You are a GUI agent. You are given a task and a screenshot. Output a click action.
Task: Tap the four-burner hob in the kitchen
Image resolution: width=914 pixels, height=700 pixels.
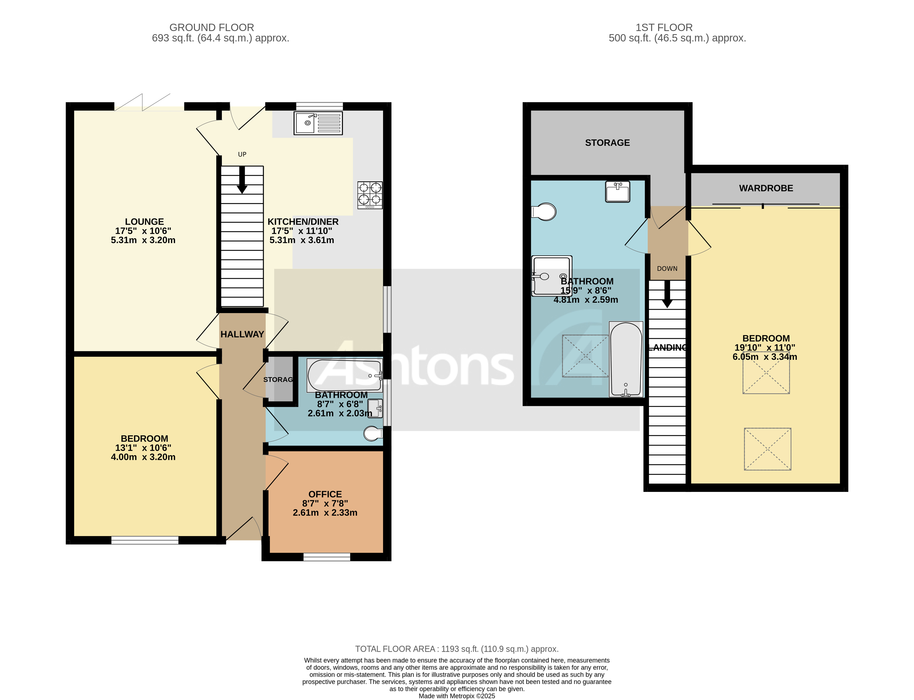[x=370, y=195]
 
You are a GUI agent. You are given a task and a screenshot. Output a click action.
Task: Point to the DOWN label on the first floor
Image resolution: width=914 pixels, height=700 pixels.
[x=667, y=269]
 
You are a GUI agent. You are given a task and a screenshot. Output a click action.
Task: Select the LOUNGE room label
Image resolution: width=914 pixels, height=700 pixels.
[x=144, y=222]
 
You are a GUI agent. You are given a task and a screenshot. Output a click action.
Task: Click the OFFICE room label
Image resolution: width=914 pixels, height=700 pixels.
[x=325, y=494]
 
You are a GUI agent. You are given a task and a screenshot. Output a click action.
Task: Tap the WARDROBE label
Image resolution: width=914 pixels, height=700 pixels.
[x=766, y=188]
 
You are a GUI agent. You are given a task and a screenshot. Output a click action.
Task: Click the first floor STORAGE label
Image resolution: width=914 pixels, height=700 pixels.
[x=607, y=143]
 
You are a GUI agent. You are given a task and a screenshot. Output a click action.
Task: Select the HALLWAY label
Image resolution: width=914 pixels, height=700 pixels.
[x=242, y=334]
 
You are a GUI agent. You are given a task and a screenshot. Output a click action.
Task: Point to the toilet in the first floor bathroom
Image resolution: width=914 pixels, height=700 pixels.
[x=544, y=212]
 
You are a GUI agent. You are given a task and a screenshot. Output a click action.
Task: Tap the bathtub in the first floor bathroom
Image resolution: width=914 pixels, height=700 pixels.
[x=626, y=359]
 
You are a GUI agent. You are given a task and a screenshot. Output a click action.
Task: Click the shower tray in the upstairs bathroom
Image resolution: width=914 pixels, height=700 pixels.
[x=551, y=276]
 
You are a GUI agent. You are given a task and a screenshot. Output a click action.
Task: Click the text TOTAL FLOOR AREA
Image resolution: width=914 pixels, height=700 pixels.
[x=395, y=649]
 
